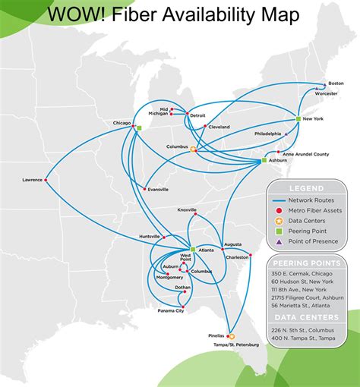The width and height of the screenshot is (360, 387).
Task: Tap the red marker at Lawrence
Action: point(46,180)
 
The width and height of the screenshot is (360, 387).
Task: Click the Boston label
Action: point(336,83)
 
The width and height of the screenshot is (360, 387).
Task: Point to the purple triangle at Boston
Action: point(326,84)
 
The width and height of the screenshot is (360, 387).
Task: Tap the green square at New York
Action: point(298,119)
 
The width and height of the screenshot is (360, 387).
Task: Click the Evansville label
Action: point(158,189)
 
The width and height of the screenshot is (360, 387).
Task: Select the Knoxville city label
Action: point(187,209)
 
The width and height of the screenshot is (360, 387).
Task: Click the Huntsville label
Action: point(150,237)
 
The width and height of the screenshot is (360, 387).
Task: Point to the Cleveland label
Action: point(219,127)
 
